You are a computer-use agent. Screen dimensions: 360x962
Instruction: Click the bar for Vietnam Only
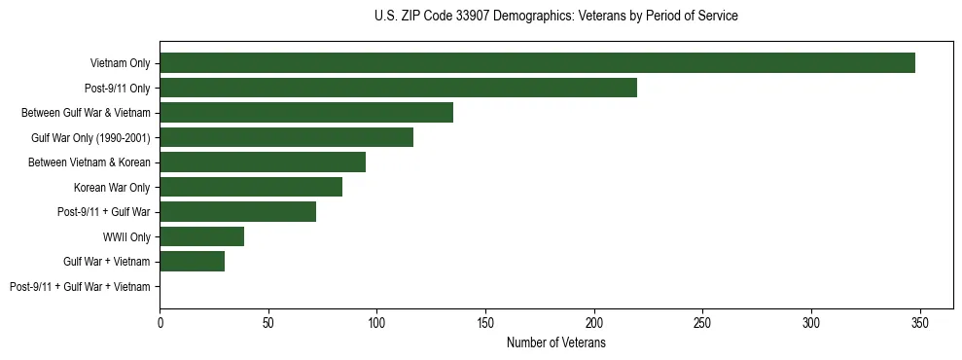(537, 63)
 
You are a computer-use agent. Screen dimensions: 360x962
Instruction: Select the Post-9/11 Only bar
(398, 88)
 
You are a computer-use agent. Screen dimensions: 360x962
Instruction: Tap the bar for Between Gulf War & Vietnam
(306, 113)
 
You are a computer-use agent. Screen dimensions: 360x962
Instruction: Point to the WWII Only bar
(201, 236)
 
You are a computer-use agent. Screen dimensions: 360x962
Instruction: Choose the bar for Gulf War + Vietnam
(192, 261)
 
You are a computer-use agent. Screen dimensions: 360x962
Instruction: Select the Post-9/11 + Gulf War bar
(237, 211)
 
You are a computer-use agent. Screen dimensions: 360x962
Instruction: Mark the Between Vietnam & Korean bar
(263, 162)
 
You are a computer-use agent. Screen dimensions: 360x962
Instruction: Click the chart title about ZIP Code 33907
(555, 17)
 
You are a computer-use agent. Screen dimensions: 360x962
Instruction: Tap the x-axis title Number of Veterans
(555, 343)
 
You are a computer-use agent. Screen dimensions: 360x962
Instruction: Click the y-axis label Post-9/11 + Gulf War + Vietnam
(80, 286)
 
